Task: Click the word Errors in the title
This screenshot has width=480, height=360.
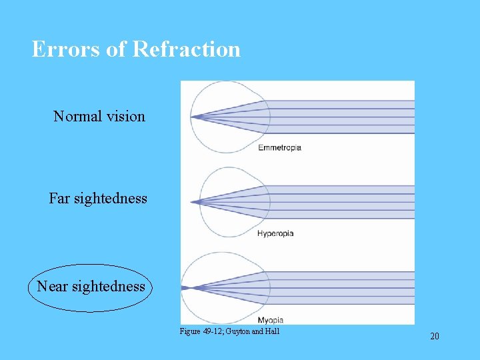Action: (57, 49)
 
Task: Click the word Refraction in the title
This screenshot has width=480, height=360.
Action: (186, 49)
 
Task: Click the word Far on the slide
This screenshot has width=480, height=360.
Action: (59, 199)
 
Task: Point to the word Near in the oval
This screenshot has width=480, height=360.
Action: (52, 287)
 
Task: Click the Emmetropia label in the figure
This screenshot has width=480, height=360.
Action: (279, 147)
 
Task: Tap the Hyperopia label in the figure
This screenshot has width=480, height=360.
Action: (275, 233)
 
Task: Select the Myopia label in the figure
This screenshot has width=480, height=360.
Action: (270, 320)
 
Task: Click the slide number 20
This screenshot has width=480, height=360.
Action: (435, 336)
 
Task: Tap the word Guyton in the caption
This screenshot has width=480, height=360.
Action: (238, 331)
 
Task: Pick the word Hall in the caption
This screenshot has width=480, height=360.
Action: (273, 331)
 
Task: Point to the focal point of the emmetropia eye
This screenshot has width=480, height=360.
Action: (191, 117)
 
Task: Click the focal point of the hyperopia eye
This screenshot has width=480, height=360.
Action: (191, 201)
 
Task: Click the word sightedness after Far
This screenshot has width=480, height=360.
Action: (109, 199)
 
